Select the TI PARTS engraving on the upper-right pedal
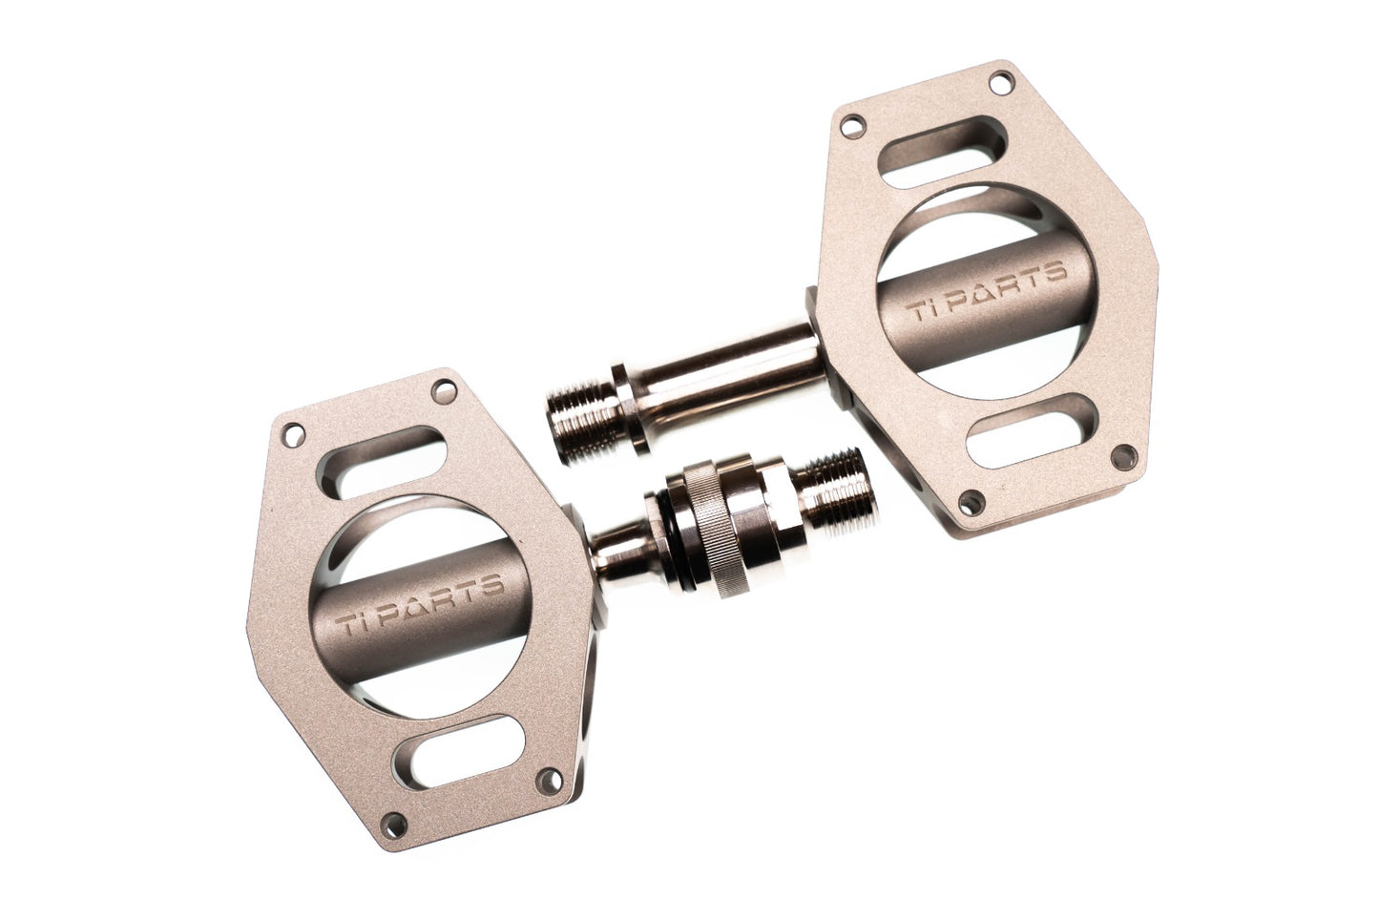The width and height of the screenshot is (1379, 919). coord(989,289)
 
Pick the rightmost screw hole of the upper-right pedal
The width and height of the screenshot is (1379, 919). coord(1123,455)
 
